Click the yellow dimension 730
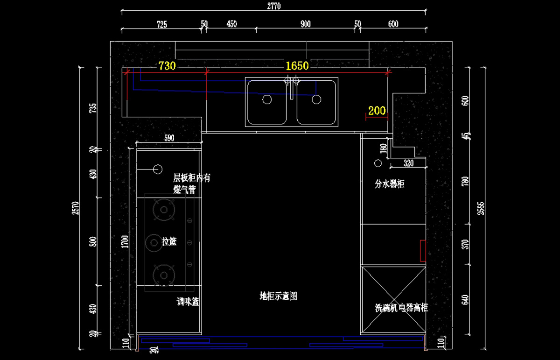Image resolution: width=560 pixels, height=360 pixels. click(167, 66)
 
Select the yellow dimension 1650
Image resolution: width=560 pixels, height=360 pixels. click(297, 66)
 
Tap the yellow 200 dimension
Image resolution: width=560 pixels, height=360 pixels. click(377, 111)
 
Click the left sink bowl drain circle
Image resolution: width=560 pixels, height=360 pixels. click(267, 99)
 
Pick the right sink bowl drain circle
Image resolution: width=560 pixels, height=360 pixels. click(317, 99)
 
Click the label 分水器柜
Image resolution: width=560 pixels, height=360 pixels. click(390, 184)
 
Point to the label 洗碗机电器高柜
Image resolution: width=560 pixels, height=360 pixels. click(401, 308)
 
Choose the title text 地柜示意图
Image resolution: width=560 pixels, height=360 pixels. click(279, 296)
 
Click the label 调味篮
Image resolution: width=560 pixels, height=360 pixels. click(188, 302)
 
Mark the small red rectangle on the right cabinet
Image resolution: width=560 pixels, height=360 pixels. click(422, 250)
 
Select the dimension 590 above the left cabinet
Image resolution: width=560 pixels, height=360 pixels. click(169, 138)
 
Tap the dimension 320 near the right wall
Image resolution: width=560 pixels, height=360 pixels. click(408, 163)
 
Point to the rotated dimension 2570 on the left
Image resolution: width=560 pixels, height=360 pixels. click(75, 208)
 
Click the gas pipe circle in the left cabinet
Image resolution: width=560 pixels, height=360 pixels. click(157, 169)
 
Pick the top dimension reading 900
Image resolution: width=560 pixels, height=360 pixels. click(306, 24)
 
